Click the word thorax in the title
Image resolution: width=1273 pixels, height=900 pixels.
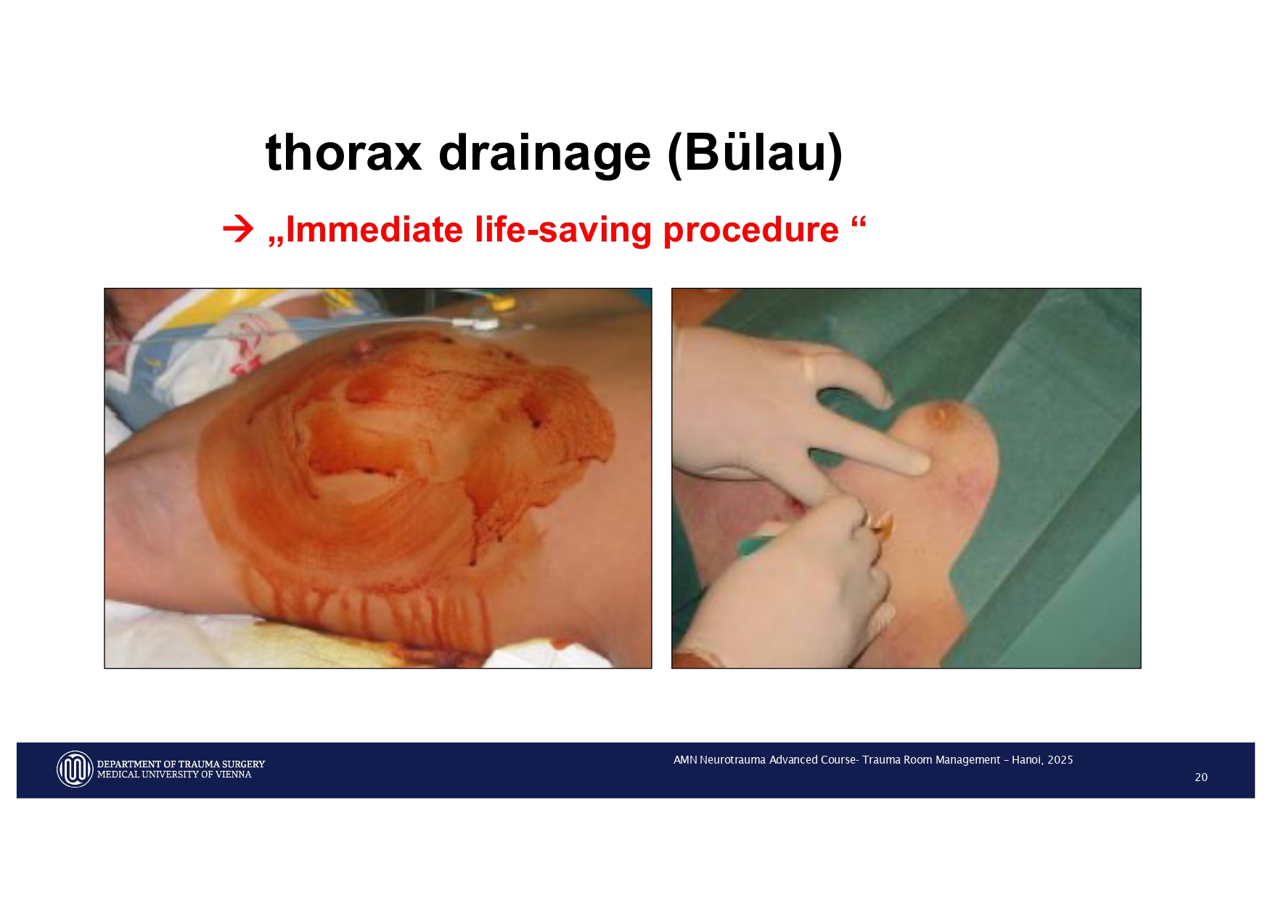coord(343,153)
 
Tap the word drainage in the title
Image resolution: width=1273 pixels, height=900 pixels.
coord(544,153)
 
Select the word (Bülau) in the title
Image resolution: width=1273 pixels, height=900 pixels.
coord(755,153)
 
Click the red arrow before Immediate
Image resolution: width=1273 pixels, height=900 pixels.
coord(238,229)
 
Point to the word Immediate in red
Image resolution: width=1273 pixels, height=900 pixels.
coord(374,230)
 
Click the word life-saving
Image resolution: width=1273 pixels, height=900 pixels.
coord(563,230)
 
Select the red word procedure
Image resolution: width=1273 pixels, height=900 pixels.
coord(751,230)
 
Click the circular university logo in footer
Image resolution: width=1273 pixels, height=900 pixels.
coord(75,769)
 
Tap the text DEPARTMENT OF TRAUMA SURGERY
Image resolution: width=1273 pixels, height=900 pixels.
coord(181,764)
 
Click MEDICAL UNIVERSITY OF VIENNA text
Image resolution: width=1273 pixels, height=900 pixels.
coord(174,775)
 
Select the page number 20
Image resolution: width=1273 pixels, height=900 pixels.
coord(1201,777)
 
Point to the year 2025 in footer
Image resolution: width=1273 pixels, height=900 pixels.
coord(1060,760)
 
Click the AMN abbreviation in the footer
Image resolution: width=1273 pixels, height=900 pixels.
coord(685,760)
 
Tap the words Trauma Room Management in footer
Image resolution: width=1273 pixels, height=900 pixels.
coord(931,760)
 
